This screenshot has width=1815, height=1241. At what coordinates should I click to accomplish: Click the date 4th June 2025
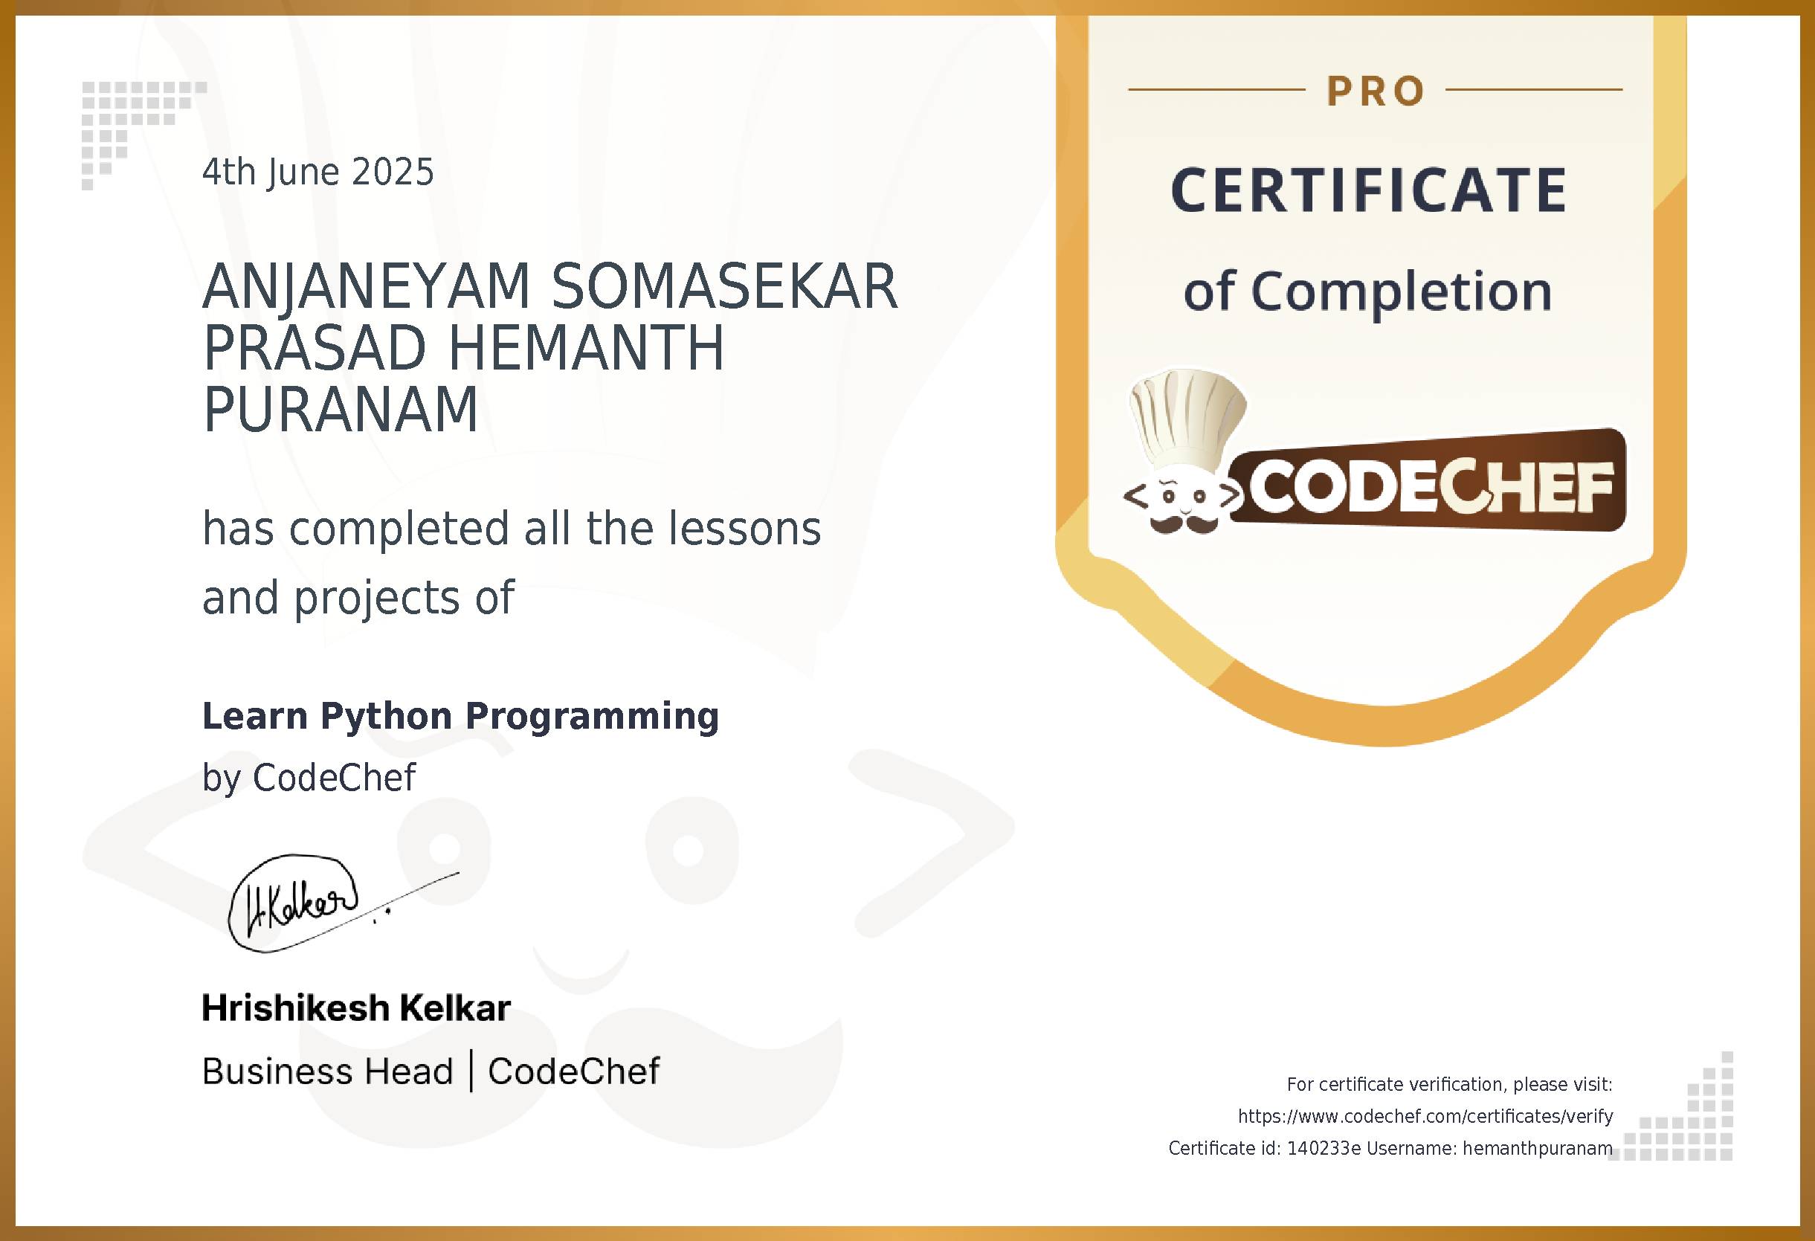[317, 173]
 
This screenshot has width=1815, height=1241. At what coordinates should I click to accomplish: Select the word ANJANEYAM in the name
[367, 286]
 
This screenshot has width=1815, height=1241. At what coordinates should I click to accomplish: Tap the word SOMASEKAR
[724, 286]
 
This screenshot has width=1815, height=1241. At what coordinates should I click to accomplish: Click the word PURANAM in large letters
[340, 410]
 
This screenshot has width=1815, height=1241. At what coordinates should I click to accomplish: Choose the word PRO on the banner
[1376, 91]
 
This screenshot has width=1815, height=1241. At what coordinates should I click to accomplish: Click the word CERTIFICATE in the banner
[1368, 190]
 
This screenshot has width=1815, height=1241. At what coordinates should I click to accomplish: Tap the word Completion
[1401, 292]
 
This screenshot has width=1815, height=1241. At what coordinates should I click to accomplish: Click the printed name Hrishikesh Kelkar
[356, 1008]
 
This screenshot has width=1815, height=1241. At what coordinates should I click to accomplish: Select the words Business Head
[327, 1071]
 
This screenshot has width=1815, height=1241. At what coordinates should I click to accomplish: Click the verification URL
[1425, 1117]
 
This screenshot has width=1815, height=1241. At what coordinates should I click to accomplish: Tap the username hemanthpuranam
[1537, 1149]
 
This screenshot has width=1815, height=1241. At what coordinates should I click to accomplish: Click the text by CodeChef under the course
[309, 778]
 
